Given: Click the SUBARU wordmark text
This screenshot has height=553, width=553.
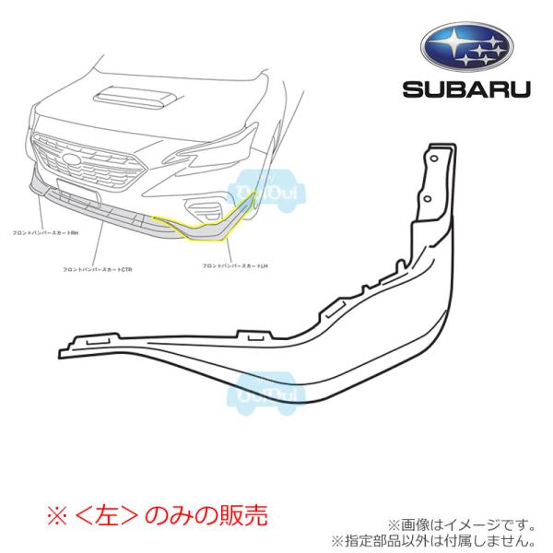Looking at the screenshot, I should pos(466,89).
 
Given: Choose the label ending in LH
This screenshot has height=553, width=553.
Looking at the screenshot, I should pos(234,265).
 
